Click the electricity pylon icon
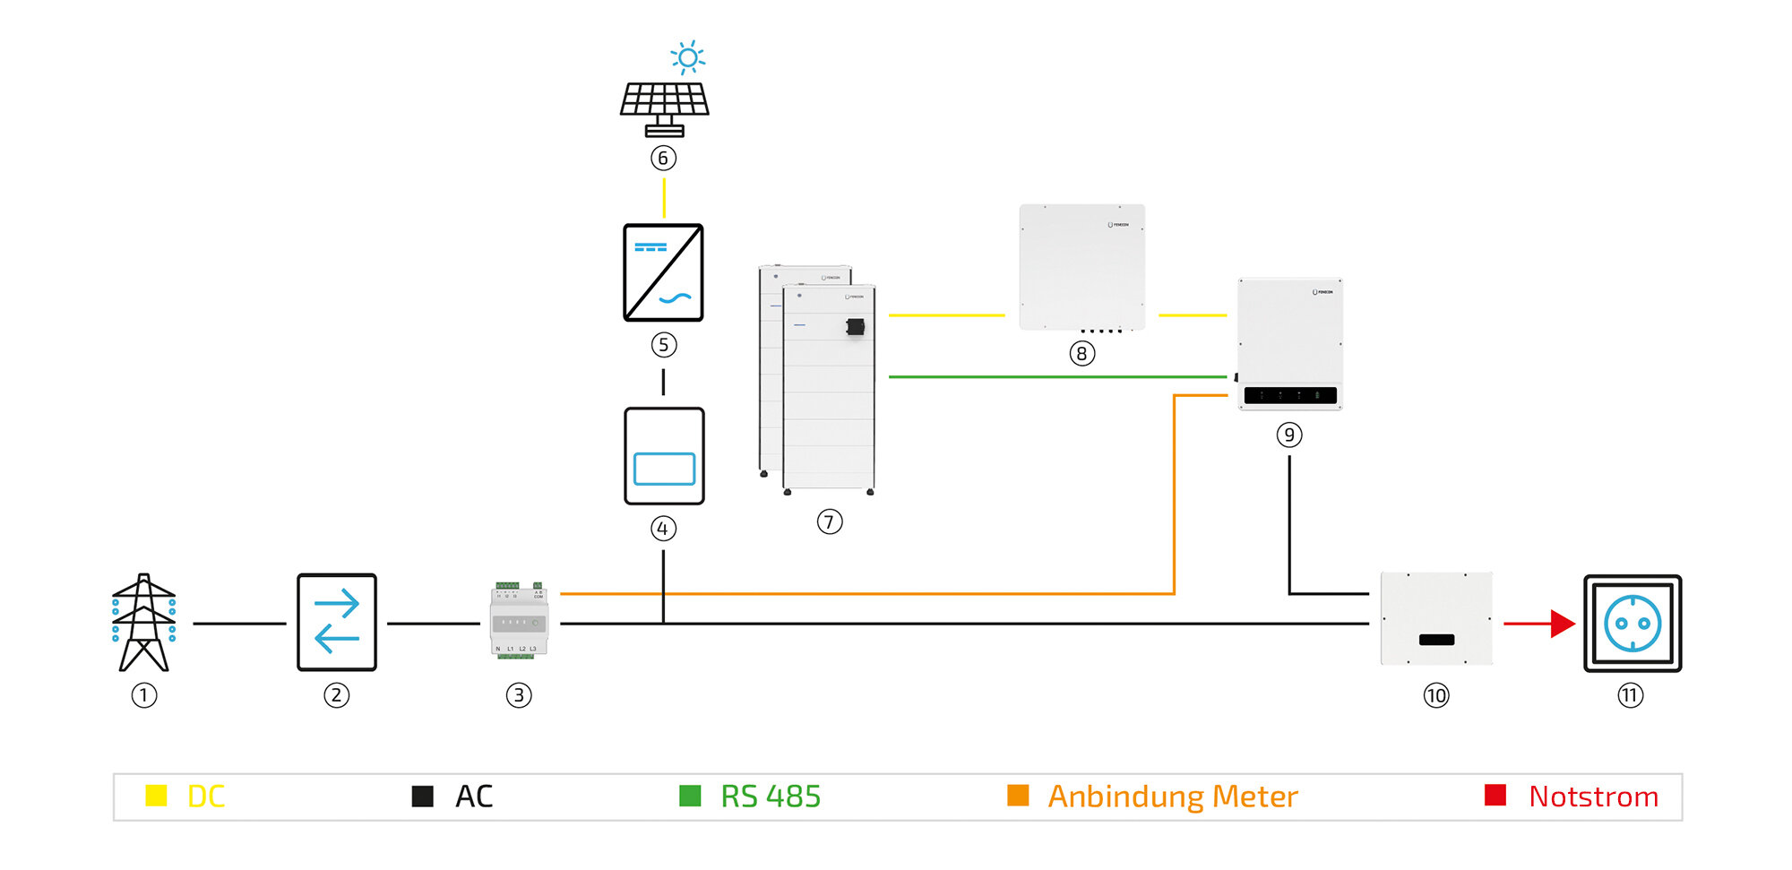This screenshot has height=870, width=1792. pyautogui.click(x=143, y=623)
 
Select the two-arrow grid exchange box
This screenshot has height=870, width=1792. pyautogui.click(x=337, y=623)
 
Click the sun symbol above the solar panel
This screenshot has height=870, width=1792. pyautogui.click(x=687, y=58)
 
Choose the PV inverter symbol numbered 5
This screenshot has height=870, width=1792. pyautogui.click(x=663, y=272)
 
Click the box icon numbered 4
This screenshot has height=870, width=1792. pyautogui.click(x=664, y=456)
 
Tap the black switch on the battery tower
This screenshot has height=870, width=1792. pyautogui.click(x=856, y=327)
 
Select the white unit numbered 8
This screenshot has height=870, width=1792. pyautogui.click(x=1081, y=267)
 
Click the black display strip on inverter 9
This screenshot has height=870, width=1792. pyautogui.click(x=1290, y=395)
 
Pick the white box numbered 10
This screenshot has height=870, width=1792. pyautogui.click(x=1436, y=618)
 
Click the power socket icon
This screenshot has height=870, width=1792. pyautogui.click(x=1633, y=624)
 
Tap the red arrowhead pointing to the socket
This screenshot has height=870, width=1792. pyautogui.click(x=1563, y=624)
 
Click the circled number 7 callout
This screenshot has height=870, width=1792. pyautogui.click(x=830, y=521)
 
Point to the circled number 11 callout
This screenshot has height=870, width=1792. pyautogui.click(x=1630, y=695)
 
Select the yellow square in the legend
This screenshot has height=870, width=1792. pyautogui.click(x=156, y=796)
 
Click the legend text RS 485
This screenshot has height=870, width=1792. pyautogui.click(x=771, y=797)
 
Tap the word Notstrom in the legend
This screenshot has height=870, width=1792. pyautogui.click(x=1593, y=797)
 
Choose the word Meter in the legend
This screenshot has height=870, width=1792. pyautogui.click(x=1254, y=797)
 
